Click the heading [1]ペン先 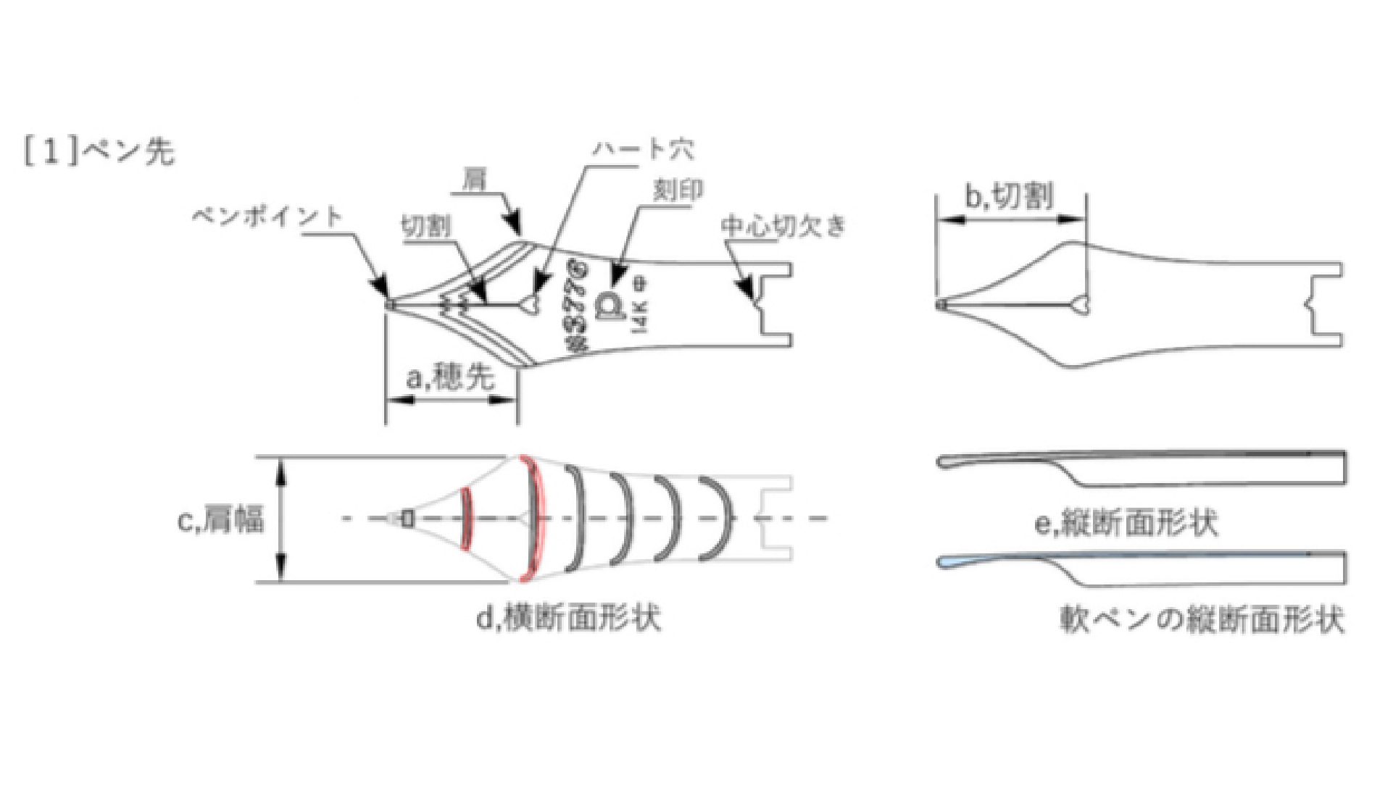[99, 152]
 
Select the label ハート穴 [643, 150]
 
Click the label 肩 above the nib [475, 180]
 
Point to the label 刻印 [678, 190]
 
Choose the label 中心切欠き [783, 227]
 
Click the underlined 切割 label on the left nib [425, 227]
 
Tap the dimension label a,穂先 [450, 377]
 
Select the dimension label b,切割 [1010, 196]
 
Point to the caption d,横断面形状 [568, 618]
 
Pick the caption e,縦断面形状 [1126, 523]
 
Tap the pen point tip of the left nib [390, 305]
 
